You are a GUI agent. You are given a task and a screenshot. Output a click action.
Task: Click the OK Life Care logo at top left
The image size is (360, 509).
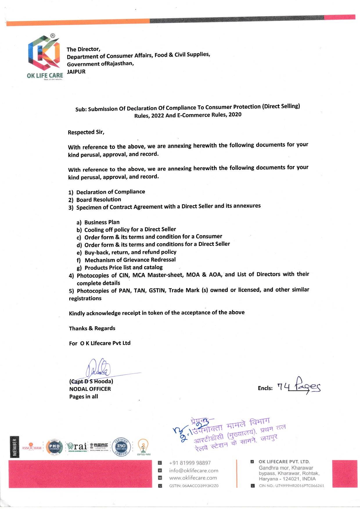(44, 55)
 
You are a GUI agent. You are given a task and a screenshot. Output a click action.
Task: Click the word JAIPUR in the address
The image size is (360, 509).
(76, 71)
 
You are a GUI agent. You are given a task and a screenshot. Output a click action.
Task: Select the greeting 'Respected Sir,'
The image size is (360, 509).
(86, 132)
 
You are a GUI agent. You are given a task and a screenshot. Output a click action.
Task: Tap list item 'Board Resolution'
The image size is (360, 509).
(98, 199)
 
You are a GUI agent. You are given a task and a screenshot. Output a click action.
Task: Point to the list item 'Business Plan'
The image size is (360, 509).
(102, 222)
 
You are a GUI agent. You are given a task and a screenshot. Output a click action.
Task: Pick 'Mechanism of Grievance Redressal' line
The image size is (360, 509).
(130, 260)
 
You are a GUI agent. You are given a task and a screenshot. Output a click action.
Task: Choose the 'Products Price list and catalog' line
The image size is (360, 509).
(123, 267)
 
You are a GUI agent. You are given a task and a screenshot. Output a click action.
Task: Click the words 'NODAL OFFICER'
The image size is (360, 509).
(90, 389)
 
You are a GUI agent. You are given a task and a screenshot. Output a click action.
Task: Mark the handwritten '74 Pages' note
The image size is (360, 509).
(299, 386)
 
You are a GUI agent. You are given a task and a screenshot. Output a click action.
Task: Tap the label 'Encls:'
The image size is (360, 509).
(265, 388)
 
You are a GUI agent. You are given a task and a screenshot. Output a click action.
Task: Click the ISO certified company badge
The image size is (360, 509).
(121, 447)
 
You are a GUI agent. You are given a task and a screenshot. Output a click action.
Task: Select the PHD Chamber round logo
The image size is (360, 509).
(55, 447)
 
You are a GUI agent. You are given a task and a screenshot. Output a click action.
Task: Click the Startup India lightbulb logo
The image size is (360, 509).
(143, 447)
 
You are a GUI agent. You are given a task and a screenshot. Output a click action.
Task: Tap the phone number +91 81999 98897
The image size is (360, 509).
(190, 463)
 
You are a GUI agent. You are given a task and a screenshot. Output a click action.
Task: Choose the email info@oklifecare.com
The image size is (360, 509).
(194, 470)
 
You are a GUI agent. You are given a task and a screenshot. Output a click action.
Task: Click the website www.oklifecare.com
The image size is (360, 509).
(193, 478)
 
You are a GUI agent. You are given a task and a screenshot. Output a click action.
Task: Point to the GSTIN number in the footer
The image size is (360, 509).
(194, 485)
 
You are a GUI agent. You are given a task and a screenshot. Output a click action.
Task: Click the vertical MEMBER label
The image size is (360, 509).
(15, 447)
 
